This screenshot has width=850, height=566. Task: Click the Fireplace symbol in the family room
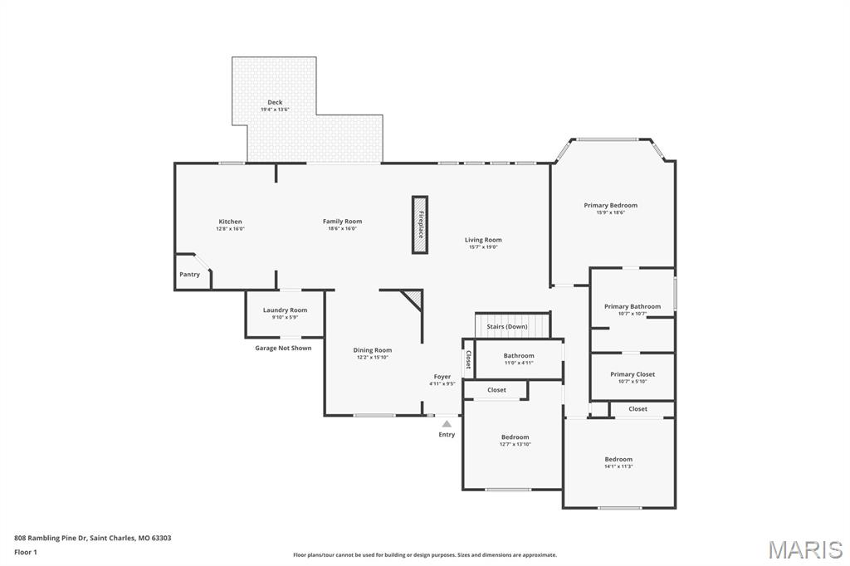(420, 225)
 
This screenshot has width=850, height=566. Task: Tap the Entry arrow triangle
(447, 424)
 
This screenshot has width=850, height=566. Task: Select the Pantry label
(190, 275)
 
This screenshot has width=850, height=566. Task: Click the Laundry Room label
(285, 310)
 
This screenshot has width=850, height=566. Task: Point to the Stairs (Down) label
(507, 327)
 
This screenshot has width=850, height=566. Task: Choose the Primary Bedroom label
(610, 205)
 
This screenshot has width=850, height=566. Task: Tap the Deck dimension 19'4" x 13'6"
(275, 110)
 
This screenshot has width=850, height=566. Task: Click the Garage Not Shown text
(283, 348)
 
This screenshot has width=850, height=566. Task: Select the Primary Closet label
(633, 374)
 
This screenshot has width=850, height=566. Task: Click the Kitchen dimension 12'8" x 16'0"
(230, 229)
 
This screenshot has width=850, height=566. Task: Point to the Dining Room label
(372, 350)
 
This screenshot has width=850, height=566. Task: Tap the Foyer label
(442, 377)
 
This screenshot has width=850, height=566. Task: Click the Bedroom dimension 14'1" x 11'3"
(618, 466)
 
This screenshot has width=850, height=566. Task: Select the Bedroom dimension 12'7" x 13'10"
(515, 444)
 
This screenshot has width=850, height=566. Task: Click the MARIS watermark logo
(805, 549)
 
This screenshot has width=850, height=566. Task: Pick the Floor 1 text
(26, 552)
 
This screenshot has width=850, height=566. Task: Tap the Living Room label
(483, 240)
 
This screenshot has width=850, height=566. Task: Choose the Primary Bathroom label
(633, 306)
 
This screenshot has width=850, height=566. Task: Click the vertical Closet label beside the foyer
(468, 359)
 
